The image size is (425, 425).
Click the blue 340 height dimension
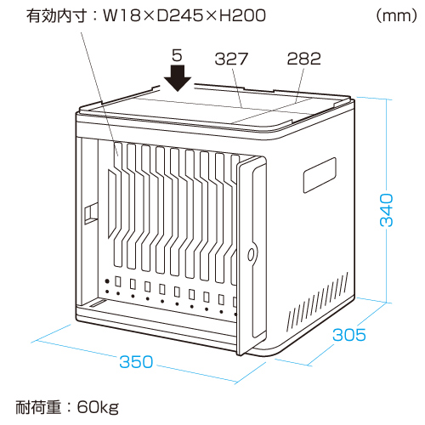387,210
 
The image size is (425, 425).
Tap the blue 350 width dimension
136,362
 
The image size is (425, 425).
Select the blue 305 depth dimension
349,335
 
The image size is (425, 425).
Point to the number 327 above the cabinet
231,59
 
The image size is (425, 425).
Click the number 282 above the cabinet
304,59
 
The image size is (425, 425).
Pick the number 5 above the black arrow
177,55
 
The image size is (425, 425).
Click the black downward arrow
178,78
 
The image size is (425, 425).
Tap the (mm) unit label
397,15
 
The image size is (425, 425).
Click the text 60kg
98,407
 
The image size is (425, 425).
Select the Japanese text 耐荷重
38,407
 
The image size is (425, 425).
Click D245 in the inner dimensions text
180,15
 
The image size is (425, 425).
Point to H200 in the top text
243,15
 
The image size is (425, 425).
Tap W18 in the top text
122,15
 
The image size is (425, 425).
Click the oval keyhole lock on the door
251,254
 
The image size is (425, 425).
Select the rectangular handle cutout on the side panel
320,175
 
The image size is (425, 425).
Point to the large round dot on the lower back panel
107,281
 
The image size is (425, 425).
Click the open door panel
252,255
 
